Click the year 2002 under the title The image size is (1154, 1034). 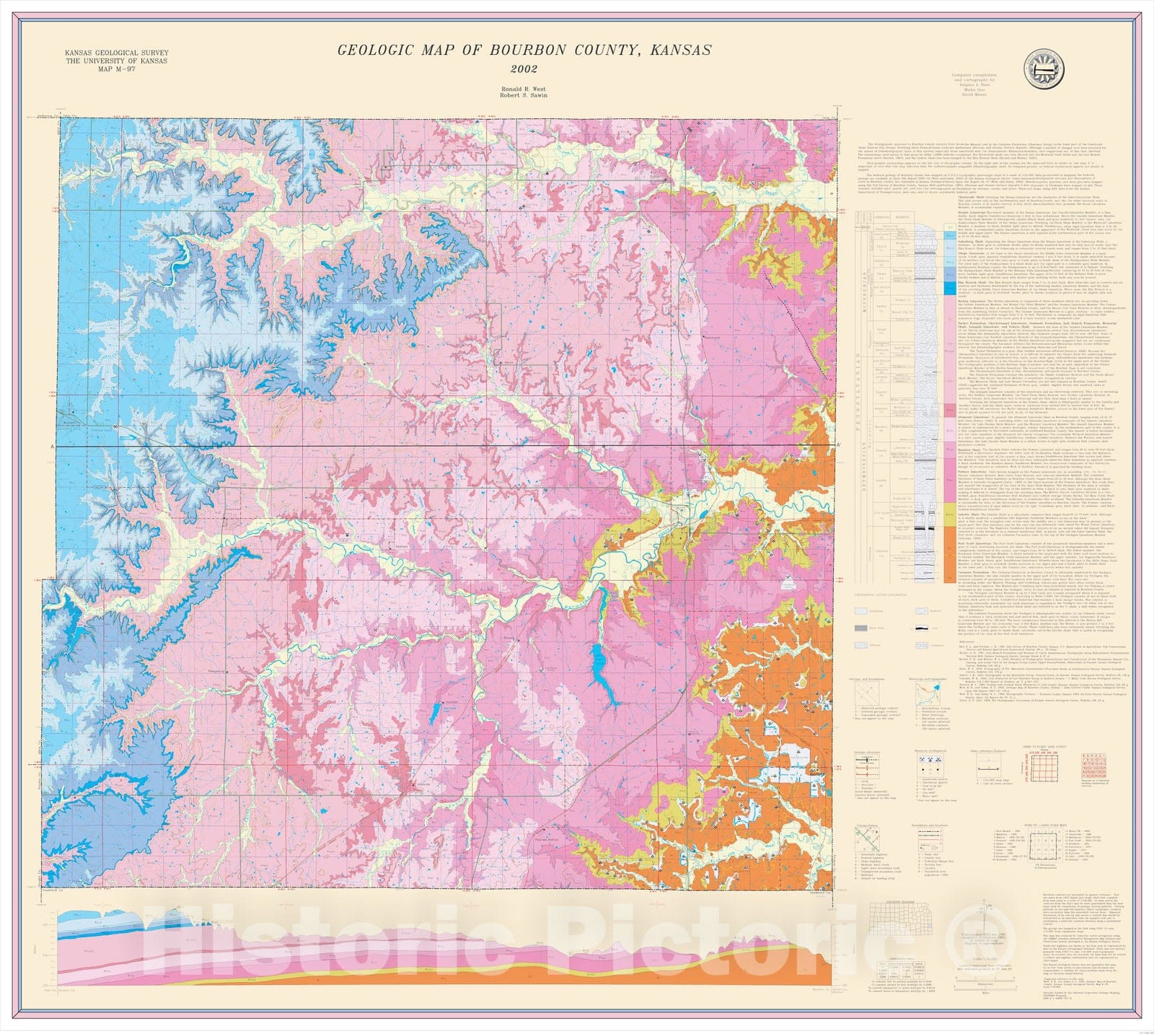(524, 69)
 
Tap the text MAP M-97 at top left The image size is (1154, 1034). (116, 69)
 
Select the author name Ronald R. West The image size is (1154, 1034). (524, 87)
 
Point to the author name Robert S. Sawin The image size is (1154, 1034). (524, 95)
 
